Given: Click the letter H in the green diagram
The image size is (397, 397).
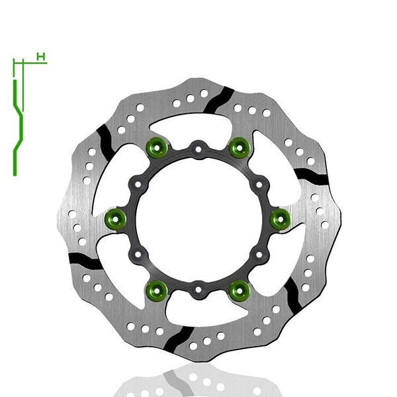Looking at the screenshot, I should pos(41,58).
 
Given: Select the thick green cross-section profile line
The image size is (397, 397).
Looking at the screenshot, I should pos(15,126).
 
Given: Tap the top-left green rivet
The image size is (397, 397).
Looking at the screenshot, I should pos(158,147).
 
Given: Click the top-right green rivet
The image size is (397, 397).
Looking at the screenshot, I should pos(238,147).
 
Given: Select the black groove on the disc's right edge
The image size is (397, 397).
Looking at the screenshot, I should pos(311,175).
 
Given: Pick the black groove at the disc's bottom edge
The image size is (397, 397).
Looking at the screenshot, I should pos(177,335).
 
